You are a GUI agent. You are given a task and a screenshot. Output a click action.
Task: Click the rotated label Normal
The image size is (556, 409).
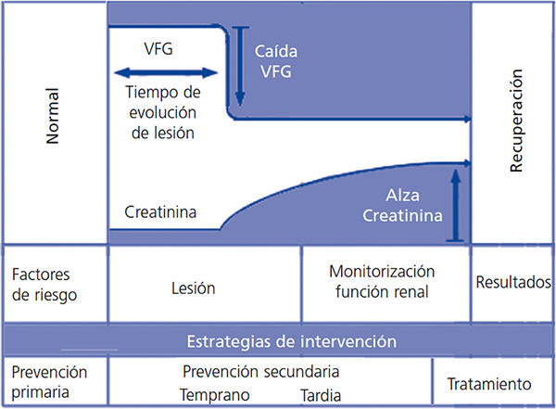click(x=53, y=121)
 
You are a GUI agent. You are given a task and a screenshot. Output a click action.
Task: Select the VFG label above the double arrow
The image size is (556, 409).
click(x=159, y=47)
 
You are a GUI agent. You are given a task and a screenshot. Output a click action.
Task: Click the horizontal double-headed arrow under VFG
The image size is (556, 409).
click(x=166, y=71)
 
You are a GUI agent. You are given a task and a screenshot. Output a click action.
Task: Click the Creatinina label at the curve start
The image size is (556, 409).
click(x=159, y=214)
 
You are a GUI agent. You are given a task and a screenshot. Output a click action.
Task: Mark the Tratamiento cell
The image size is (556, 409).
click(x=488, y=382)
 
